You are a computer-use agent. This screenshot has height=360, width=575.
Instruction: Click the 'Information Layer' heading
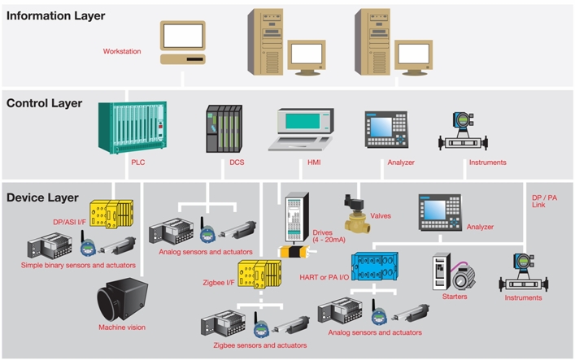point(55,15)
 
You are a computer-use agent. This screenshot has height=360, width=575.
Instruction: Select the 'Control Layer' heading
point(47,103)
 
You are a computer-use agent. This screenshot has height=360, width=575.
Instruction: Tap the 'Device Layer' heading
point(42,197)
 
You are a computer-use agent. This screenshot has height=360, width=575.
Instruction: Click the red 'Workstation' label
point(122,51)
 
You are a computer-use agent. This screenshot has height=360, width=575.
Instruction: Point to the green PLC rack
point(132,127)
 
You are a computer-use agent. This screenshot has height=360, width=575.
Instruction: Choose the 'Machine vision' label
point(122,327)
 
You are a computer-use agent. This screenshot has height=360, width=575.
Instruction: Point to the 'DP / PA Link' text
point(546,202)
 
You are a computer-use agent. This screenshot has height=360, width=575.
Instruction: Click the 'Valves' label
point(381,216)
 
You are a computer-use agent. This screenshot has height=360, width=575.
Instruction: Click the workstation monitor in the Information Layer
point(181,37)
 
